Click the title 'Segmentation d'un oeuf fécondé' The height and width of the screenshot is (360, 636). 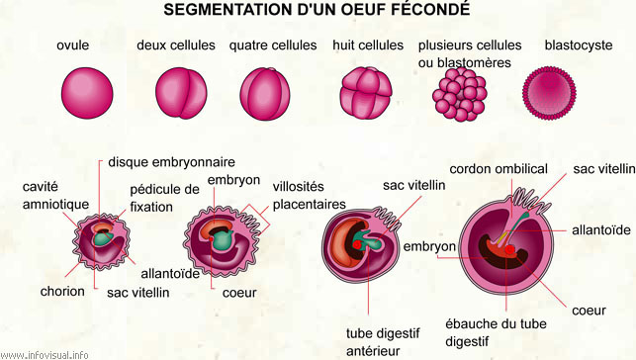click(x=317, y=11)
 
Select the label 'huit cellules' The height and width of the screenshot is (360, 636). click(x=368, y=45)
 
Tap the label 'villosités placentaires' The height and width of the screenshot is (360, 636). click(x=310, y=195)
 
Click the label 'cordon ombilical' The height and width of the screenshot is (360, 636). click(x=499, y=169)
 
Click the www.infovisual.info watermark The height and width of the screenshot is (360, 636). click(x=45, y=353)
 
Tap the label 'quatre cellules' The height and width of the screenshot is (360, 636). click(x=273, y=45)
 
